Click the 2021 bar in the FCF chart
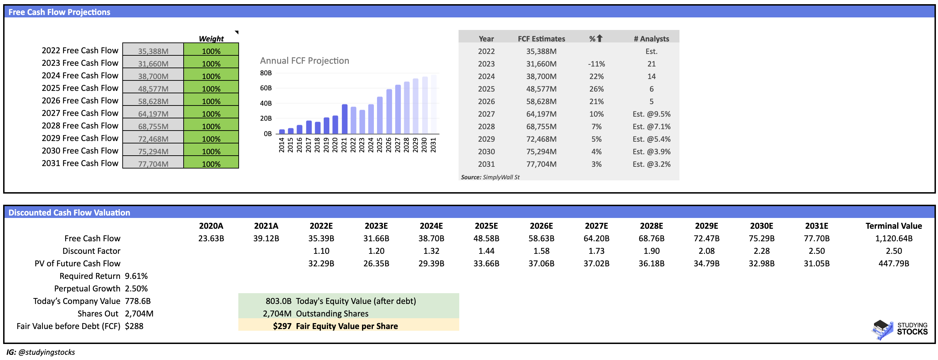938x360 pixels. [x=344, y=119]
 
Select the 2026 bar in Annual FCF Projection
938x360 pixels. [x=389, y=111]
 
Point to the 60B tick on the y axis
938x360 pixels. [x=266, y=88]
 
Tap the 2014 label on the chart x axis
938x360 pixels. [x=282, y=145]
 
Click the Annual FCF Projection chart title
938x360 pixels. [x=305, y=61]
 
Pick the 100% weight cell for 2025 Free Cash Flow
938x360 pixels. [x=211, y=89]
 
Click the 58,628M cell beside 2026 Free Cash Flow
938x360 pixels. [x=153, y=101]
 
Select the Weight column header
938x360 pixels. [x=211, y=39]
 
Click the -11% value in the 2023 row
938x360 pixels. [x=596, y=64]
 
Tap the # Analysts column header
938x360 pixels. [x=651, y=39]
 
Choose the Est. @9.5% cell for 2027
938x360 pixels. [x=651, y=114]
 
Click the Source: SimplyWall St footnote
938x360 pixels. [x=490, y=177]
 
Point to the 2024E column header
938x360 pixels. [x=431, y=226]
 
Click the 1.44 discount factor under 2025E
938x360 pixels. [x=486, y=251]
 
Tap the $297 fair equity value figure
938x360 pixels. [x=282, y=326]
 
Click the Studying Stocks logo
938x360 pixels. [x=899, y=329]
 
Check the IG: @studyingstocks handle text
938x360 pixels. [x=41, y=352]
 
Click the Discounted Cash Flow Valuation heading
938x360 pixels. [x=69, y=213]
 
